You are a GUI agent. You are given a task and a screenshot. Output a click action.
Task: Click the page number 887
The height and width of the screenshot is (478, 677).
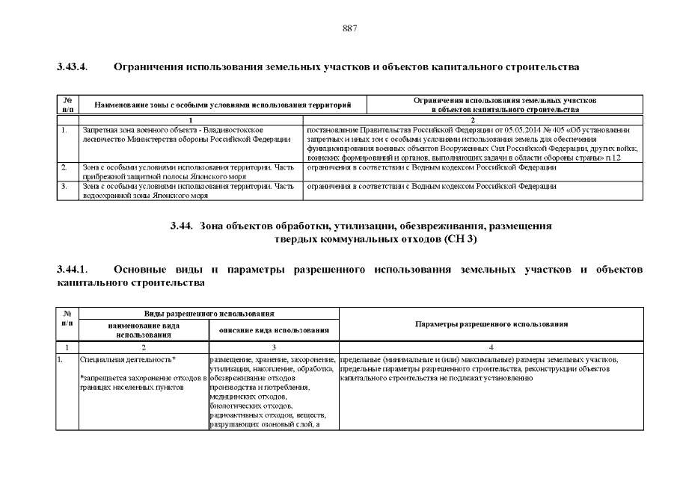point(349,28)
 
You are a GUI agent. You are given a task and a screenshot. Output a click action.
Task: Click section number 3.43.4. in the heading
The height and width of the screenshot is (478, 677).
point(73,67)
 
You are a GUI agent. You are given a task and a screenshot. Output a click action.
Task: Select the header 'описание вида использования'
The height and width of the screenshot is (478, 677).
point(274,330)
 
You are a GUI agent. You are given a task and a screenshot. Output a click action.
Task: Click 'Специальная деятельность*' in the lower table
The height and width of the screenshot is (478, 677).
point(128,361)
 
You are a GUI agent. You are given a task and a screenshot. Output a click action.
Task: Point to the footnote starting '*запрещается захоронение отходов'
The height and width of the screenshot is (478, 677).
point(142,380)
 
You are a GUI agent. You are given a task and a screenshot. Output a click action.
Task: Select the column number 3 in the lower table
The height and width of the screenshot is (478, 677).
point(274,347)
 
